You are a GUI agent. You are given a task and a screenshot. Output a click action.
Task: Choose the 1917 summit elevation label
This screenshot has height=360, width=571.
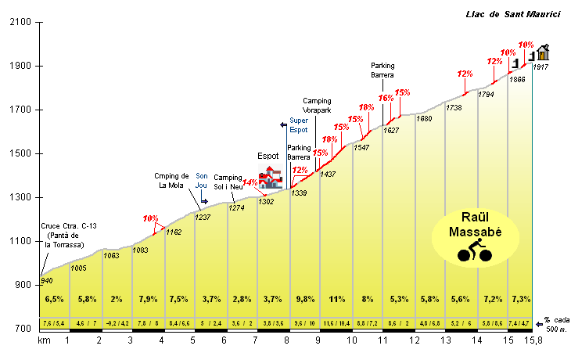tap(540, 67)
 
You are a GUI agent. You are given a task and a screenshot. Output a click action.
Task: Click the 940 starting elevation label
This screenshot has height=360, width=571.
tap(47, 281)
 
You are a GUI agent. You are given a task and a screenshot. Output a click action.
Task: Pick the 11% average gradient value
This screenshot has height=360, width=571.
tap(336, 299)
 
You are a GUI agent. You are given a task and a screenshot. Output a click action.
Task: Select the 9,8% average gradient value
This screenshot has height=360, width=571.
tap(304, 299)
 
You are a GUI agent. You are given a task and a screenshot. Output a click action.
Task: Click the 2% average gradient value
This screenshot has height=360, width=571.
tap(117, 299)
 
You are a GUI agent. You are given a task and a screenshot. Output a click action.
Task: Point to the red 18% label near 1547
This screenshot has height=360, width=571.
tap(366, 108)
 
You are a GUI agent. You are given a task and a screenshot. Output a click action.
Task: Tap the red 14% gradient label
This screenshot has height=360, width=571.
tap(250, 183)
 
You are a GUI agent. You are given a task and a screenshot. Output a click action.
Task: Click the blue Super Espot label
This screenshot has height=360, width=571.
tap(299, 124)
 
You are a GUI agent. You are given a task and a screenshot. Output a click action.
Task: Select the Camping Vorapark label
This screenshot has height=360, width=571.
tap(318, 105)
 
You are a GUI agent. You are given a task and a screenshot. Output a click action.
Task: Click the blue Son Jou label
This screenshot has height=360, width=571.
tap(202, 181)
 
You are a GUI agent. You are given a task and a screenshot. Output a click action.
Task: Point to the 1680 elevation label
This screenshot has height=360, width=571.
tap(424, 119)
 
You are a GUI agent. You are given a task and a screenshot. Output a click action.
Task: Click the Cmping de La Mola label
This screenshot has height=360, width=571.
tap(166, 179)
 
